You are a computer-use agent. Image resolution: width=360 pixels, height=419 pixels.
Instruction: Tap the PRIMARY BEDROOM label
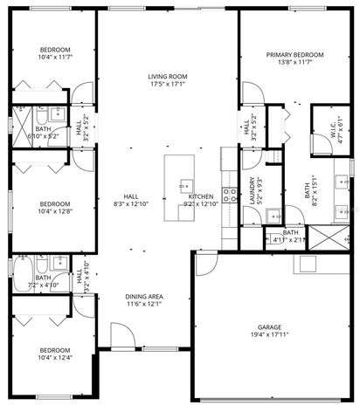(294, 55)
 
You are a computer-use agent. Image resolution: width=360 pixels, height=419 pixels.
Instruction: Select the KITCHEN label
(202, 196)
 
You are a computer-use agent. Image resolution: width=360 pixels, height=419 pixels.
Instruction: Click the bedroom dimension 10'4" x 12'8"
(54, 210)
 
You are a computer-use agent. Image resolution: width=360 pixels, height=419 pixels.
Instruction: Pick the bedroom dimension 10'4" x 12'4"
(54, 356)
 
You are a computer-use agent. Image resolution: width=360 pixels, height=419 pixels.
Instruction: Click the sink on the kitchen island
(185, 185)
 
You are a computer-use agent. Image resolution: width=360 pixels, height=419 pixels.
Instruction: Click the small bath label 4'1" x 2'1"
(290, 236)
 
